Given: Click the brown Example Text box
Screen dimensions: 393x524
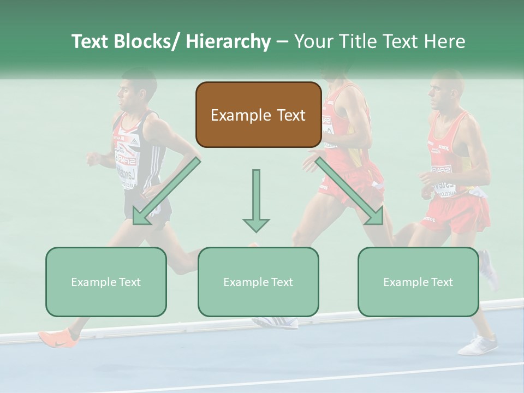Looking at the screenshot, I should tap(258, 115).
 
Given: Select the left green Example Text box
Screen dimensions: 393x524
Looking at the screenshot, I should tap(106, 282).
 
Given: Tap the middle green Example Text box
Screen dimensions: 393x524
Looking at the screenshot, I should tap(258, 282).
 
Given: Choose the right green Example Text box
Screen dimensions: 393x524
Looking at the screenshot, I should tap(418, 282).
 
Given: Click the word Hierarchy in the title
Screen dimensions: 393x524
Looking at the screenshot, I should tap(228, 41).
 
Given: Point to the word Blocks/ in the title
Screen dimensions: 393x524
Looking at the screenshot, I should tap(147, 41).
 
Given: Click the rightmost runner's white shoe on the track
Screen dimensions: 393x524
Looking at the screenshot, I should tap(478, 345).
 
